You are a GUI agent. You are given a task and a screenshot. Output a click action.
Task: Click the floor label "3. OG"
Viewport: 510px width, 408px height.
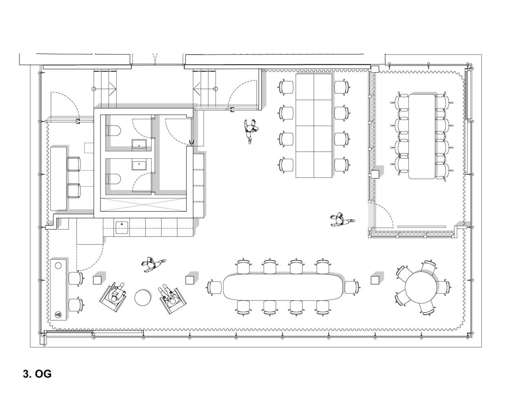[37, 374]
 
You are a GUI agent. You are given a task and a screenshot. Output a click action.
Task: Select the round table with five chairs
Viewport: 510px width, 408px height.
[421, 288]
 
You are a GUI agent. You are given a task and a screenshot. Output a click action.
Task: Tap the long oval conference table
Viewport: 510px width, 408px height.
[283, 287]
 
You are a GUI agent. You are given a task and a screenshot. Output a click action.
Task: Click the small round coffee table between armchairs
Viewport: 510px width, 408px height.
[143, 298]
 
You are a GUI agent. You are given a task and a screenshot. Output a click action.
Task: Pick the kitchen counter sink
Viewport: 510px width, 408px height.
[122, 227]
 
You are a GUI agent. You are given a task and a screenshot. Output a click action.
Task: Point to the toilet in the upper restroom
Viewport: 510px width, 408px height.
[113, 131]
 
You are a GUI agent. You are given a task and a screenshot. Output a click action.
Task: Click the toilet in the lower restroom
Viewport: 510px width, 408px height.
[113, 179]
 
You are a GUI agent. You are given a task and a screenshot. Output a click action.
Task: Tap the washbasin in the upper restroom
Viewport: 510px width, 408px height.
[139, 144]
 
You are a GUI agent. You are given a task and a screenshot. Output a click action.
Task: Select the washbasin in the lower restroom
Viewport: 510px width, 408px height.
[139, 165]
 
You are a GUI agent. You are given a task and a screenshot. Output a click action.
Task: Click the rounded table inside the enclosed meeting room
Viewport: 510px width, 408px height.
[422, 137]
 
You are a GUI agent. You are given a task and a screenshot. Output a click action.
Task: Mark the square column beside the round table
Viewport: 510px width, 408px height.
[375, 280]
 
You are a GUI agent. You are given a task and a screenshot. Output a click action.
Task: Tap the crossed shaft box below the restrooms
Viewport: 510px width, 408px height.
[143, 204]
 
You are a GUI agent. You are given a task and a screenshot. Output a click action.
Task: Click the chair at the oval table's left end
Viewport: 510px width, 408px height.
[215, 288]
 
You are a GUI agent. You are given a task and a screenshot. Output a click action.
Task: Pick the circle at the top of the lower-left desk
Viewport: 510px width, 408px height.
[58, 266]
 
